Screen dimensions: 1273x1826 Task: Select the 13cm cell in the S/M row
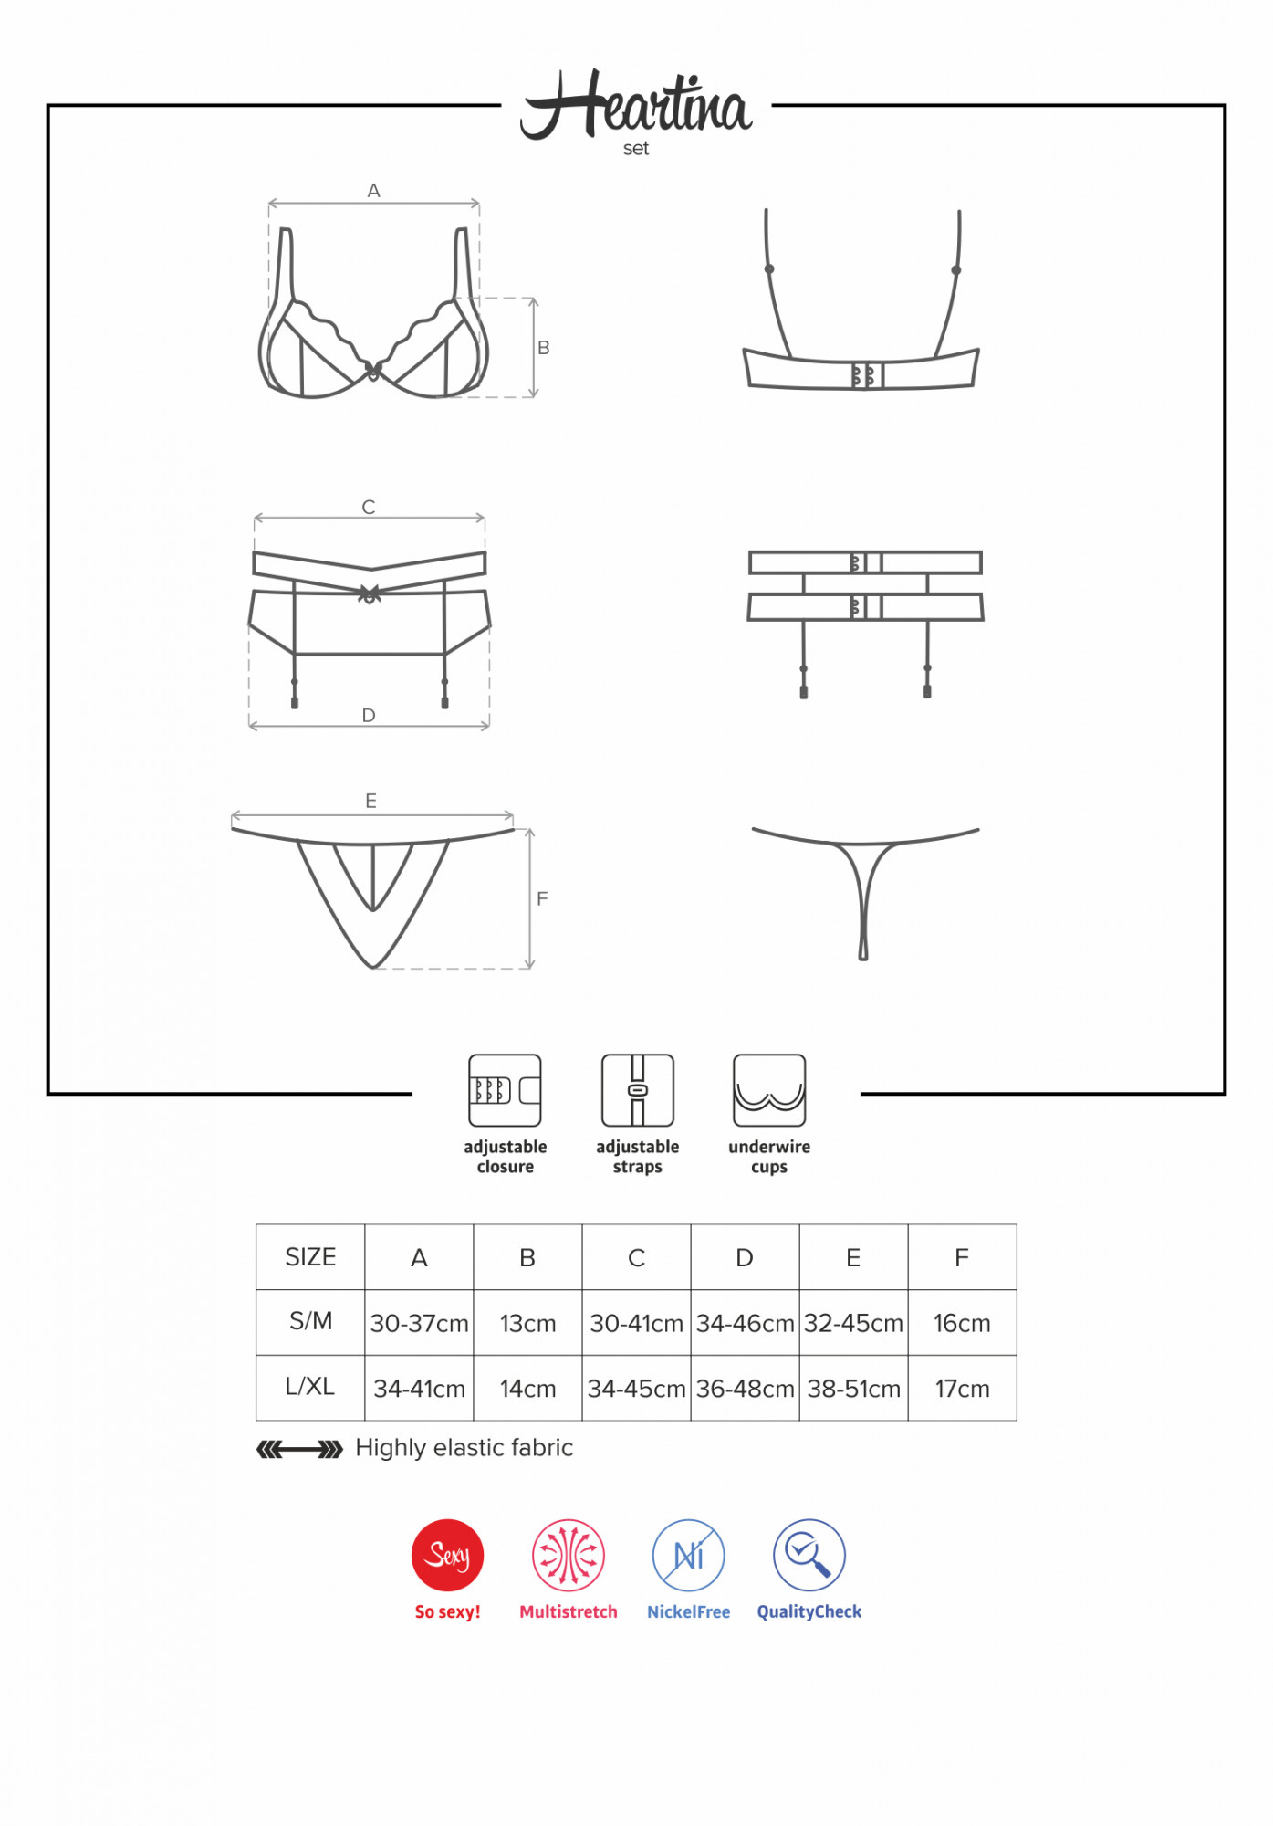pos(527,1323)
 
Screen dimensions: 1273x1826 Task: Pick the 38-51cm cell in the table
pos(853,1389)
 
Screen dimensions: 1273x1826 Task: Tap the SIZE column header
pos(310,1257)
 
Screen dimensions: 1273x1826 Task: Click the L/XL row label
pos(310,1387)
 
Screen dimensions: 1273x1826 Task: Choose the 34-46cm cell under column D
pos(745,1323)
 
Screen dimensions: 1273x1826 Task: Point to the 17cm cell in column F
pos(962,1389)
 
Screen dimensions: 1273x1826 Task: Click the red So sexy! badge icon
pos(447,1555)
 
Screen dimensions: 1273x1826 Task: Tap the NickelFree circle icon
pos(689,1555)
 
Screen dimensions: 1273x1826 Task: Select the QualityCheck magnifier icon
pos(809,1555)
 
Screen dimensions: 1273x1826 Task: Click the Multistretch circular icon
pos(569,1555)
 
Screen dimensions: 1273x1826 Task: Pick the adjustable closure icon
pos(505,1090)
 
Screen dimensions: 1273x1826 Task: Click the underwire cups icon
pos(769,1090)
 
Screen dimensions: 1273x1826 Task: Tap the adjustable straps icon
pos(638,1090)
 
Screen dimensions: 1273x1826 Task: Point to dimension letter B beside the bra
pos(544,348)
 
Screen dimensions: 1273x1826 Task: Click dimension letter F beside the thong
pos(542,899)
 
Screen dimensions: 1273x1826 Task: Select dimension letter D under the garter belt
pos(369,716)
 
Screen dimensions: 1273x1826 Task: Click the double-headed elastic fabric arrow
pos(299,1449)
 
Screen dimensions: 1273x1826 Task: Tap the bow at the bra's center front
pos(373,371)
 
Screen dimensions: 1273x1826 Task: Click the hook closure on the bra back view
pos(867,375)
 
